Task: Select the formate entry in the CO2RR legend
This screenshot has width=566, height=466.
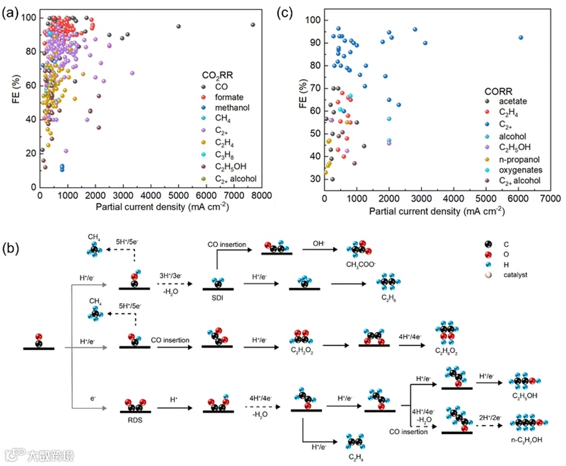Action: coord(228,97)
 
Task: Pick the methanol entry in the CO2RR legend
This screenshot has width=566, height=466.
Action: coord(232,108)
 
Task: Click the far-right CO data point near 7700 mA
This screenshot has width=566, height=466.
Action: coord(253,25)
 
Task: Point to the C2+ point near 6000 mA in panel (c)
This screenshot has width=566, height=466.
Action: coord(520,38)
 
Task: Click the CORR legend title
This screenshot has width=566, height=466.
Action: coord(499,91)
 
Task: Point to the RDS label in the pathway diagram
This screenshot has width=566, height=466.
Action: coord(134,420)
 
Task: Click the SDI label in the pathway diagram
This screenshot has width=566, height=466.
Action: coord(218,296)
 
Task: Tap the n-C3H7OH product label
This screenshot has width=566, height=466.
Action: coord(525,439)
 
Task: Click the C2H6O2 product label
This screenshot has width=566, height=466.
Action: coord(447,352)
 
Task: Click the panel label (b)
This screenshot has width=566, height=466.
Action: coord(12,248)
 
